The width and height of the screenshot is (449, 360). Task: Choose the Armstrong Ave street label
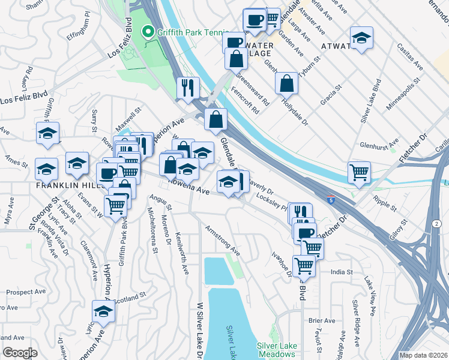(223, 240)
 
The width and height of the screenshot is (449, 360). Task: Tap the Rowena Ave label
(188, 185)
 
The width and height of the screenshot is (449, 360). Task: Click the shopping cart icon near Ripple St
(359, 172)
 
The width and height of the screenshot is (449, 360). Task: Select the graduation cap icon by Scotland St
(103, 311)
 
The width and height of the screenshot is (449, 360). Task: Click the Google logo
(19, 353)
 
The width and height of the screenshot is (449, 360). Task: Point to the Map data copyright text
(423, 355)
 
